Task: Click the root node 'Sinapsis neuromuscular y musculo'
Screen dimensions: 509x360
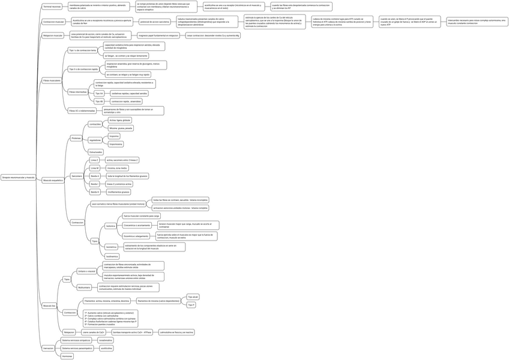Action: (18, 178)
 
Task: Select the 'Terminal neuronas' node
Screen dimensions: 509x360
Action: (52, 6)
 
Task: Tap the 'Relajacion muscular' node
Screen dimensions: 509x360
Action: (53, 36)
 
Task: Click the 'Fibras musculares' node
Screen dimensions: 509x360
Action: (52, 80)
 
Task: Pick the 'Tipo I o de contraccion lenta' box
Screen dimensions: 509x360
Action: (82, 50)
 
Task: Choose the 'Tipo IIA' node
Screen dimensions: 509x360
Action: (99, 94)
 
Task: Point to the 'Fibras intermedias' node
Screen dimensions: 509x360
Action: (77, 92)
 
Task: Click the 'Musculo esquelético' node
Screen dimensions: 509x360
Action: (53, 180)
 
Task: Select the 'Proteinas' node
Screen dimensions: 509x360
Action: (76, 138)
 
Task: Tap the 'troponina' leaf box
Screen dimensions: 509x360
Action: (114, 136)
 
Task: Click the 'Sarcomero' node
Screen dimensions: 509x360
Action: (76, 176)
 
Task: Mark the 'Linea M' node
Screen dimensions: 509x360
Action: (94, 168)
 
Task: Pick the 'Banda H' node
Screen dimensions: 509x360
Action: (95, 192)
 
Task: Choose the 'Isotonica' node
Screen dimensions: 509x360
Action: (110, 226)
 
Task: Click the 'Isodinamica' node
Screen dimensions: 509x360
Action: (112, 256)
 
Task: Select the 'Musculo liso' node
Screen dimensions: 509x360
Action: (49, 305)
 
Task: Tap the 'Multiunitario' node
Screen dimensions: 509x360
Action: (84, 287)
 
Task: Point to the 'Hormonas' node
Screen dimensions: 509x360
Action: (67, 356)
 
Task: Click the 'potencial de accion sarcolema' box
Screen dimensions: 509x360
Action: (154, 22)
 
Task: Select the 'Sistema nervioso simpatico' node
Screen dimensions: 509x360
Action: (76, 340)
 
